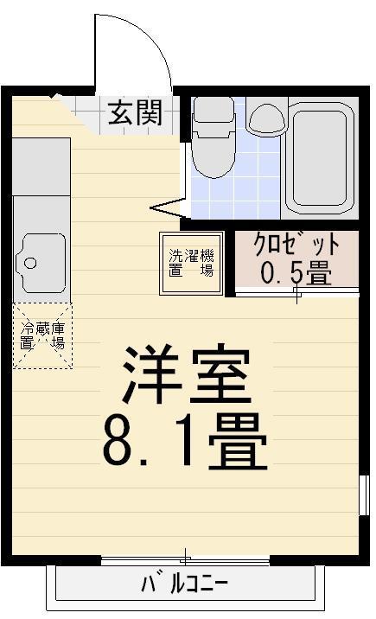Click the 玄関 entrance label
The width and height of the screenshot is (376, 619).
click(135, 112)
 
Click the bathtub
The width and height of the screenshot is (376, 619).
click(320, 158)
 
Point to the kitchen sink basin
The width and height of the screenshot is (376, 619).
click(41, 263)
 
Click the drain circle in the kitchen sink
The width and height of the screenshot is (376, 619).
click(30, 263)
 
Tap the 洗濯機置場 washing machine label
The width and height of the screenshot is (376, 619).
click(191, 263)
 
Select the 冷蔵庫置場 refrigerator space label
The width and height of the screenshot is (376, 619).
click(42, 335)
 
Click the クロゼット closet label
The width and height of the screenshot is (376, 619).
click(296, 245)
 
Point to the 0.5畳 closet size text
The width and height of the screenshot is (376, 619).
click(296, 272)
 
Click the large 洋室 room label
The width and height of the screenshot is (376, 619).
click(186, 373)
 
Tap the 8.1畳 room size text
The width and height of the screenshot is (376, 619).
click(185, 441)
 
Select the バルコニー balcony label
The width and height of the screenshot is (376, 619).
click(185, 584)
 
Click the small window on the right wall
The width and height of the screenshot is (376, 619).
click(364, 495)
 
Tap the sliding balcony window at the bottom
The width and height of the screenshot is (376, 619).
click(186, 559)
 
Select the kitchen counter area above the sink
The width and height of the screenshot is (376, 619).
click(41, 166)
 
